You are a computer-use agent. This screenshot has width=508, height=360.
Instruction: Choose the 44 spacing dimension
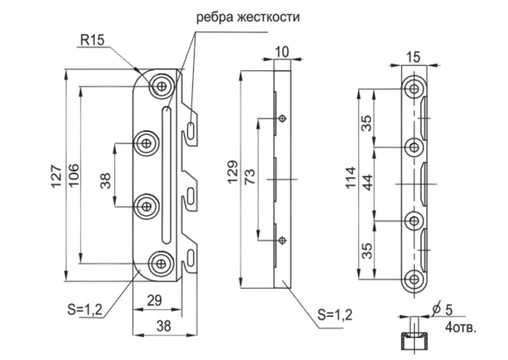pos(367,182)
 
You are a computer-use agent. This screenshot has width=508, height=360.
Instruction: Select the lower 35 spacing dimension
pos(367,251)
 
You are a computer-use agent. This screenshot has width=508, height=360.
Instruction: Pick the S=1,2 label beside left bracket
pos(86,309)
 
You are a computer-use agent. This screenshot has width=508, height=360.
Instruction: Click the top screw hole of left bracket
pos(161,84)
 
